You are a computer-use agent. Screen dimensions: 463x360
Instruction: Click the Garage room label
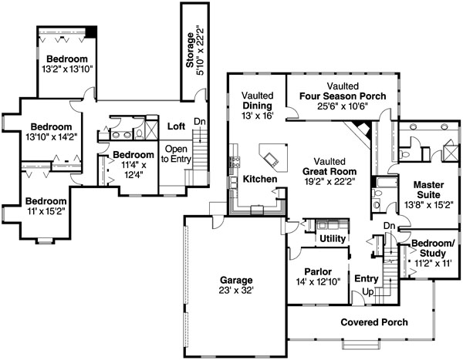(x=236, y=280)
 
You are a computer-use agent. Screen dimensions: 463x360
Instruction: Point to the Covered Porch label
(x=374, y=322)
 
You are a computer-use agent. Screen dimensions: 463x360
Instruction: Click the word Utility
(x=333, y=238)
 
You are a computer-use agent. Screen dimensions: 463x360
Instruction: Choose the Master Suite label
(x=428, y=190)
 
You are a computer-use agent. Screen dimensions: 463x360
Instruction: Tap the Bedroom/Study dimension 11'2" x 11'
(x=430, y=263)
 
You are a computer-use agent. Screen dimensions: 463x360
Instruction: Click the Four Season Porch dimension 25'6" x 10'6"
(x=343, y=106)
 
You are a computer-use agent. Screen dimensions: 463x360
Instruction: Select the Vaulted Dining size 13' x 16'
(x=258, y=116)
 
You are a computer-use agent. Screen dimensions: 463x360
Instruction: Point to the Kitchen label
(x=260, y=179)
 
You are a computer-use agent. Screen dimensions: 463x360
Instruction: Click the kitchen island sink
(x=271, y=159)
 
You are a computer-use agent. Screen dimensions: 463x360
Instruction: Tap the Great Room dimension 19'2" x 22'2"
(x=330, y=181)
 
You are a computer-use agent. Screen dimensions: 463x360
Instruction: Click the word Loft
(x=176, y=126)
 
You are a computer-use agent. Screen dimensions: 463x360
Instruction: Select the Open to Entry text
(x=176, y=153)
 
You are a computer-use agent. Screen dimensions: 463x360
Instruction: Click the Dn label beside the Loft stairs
(x=200, y=121)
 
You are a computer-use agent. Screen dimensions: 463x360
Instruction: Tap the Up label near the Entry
(x=368, y=292)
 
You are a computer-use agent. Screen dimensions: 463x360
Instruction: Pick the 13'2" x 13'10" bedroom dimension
(x=67, y=69)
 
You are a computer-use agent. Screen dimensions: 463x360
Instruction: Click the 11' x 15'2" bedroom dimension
(x=46, y=211)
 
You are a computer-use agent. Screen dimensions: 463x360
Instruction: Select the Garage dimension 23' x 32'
(x=236, y=291)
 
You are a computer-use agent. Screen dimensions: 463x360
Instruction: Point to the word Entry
(x=367, y=278)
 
